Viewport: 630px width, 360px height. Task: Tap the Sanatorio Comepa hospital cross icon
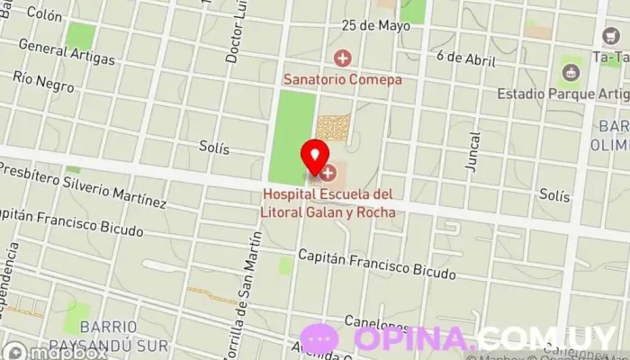point(342,59)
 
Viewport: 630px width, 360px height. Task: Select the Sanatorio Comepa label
point(343,78)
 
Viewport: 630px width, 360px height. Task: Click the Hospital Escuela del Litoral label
point(328,201)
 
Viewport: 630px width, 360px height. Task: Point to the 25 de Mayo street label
point(375,25)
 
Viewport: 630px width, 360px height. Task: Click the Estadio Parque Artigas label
point(562,94)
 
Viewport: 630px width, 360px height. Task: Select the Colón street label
point(44,14)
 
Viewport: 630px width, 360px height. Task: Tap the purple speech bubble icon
point(319,339)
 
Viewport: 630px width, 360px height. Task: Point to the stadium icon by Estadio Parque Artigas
point(568,71)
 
